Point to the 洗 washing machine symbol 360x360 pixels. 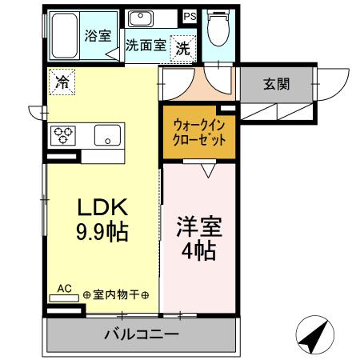(x=183, y=47)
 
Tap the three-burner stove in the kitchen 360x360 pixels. (x=62, y=135)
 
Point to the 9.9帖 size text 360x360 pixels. (x=102, y=234)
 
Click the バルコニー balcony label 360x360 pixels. (x=140, y=334)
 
